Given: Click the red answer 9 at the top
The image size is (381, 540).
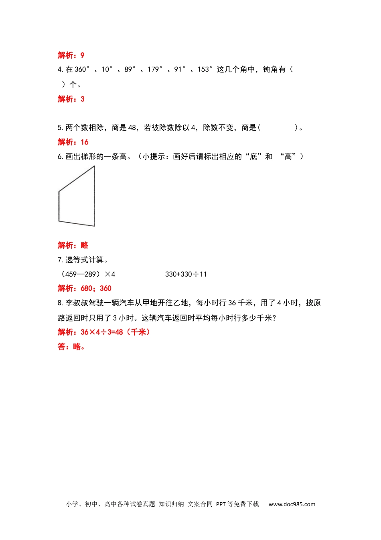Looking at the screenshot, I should coord(82,55).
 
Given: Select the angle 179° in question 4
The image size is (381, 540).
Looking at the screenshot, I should coord(155,70).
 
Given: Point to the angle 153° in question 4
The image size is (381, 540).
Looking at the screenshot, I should coord(205,70).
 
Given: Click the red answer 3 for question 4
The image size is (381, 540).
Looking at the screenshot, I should coord(82,99).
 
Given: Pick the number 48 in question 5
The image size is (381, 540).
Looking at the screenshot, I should coord(132,128).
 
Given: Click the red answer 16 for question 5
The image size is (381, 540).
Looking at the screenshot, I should coord(84,142).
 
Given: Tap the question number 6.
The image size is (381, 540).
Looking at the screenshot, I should coord(60,157).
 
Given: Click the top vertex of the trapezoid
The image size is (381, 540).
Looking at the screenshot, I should coord(95,166).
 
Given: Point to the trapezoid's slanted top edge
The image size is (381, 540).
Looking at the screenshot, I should coord(77,179).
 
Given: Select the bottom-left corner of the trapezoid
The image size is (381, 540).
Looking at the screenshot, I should coord(59,221).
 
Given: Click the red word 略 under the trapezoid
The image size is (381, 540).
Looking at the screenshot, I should coord(84,245).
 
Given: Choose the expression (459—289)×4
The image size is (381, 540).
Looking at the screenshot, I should coord(87,274).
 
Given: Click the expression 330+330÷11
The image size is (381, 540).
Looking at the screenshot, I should coord(186,274).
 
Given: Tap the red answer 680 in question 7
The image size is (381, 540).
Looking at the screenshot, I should coord(87,288).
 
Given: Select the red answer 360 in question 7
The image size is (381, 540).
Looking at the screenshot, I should coord(105,288).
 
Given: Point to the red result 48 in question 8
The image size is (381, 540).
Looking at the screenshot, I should coord(118,332).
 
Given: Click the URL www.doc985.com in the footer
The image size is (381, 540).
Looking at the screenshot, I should coord(292,504).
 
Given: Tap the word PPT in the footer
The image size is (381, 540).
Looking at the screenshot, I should coord(221,504).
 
